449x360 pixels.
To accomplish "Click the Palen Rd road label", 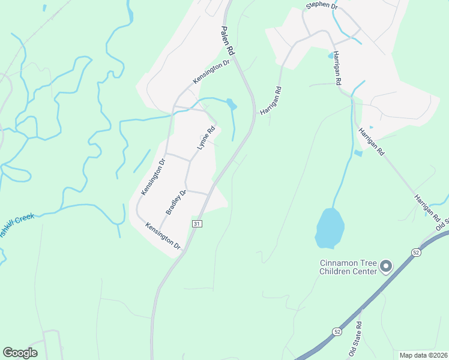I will [x=228, y=41].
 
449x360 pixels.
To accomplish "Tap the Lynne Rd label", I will [x=206, y=138].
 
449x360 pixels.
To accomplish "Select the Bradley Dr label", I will [x=176, y=203].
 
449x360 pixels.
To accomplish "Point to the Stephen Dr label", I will [x=322, y=5].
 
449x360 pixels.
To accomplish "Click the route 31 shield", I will [x=197, y=223].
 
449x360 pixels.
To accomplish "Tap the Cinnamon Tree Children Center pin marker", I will [x=386, y=265].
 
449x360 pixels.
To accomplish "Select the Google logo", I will [x=20, y=353].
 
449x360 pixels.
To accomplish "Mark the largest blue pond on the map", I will [x=330, y=228].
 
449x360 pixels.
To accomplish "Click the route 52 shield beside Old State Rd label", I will [x=337, y=331].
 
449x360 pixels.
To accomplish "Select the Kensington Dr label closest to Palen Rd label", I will [x=211, y=71].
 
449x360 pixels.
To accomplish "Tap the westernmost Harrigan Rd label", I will [x=271, y=101].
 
